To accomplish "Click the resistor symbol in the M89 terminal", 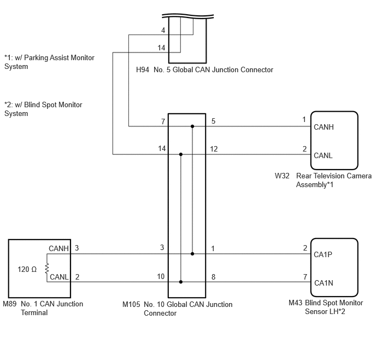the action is (47, 268).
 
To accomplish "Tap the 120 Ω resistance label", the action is (27, 269).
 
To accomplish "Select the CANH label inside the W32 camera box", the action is (324, 127).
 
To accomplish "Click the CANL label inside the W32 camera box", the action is (323, 155).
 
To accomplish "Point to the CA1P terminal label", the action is (323, 254).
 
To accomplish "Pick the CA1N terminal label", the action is (324, 283).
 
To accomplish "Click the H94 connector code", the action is (143, 69).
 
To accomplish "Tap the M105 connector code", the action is (131, 304).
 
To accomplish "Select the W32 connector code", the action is (282, 176).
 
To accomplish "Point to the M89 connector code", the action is (10, 304).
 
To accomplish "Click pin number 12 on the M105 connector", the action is (214, 149).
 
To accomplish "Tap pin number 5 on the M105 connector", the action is (213, 121).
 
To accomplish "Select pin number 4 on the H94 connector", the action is (163, 30).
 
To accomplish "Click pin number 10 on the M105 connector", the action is (161, 276).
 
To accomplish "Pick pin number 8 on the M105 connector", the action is (213, 277).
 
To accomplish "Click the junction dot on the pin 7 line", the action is (192, 126).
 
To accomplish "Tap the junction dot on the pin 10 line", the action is (181, 282).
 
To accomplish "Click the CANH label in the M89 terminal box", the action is (58, 248).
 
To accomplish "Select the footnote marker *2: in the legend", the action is (9, 104).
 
